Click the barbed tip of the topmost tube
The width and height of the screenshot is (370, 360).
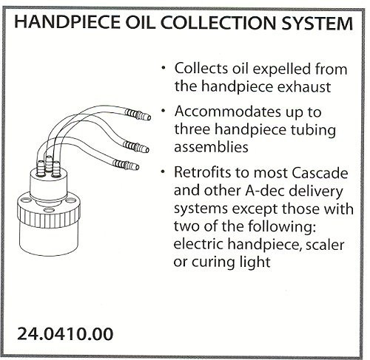(x=138, y=115)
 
